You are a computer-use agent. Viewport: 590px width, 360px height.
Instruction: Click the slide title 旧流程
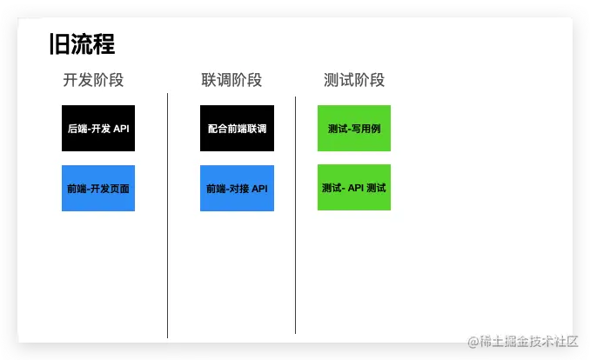click(83, 44)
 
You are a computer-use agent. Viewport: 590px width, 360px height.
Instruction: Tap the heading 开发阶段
click(93, 80)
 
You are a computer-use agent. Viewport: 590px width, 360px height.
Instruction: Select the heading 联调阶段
click(231, 80)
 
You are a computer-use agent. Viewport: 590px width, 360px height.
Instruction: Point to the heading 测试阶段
click(354, 80)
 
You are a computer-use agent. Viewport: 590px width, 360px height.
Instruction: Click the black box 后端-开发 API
click(98, 129)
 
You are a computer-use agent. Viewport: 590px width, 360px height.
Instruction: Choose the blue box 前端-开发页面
click(98, 188)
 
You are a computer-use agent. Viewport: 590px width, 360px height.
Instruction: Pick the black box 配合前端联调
click(237, 129)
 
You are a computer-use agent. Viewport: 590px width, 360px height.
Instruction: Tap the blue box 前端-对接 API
click(237, 188)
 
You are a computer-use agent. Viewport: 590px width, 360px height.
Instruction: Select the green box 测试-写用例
click(354, 129)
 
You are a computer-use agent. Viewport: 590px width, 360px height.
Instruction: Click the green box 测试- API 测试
click(354, 188)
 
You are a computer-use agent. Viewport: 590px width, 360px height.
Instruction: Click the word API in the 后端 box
click(121, 129)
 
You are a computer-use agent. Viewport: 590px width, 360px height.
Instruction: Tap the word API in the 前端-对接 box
click(259, 188)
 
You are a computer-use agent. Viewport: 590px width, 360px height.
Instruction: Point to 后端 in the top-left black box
click(77, 129)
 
